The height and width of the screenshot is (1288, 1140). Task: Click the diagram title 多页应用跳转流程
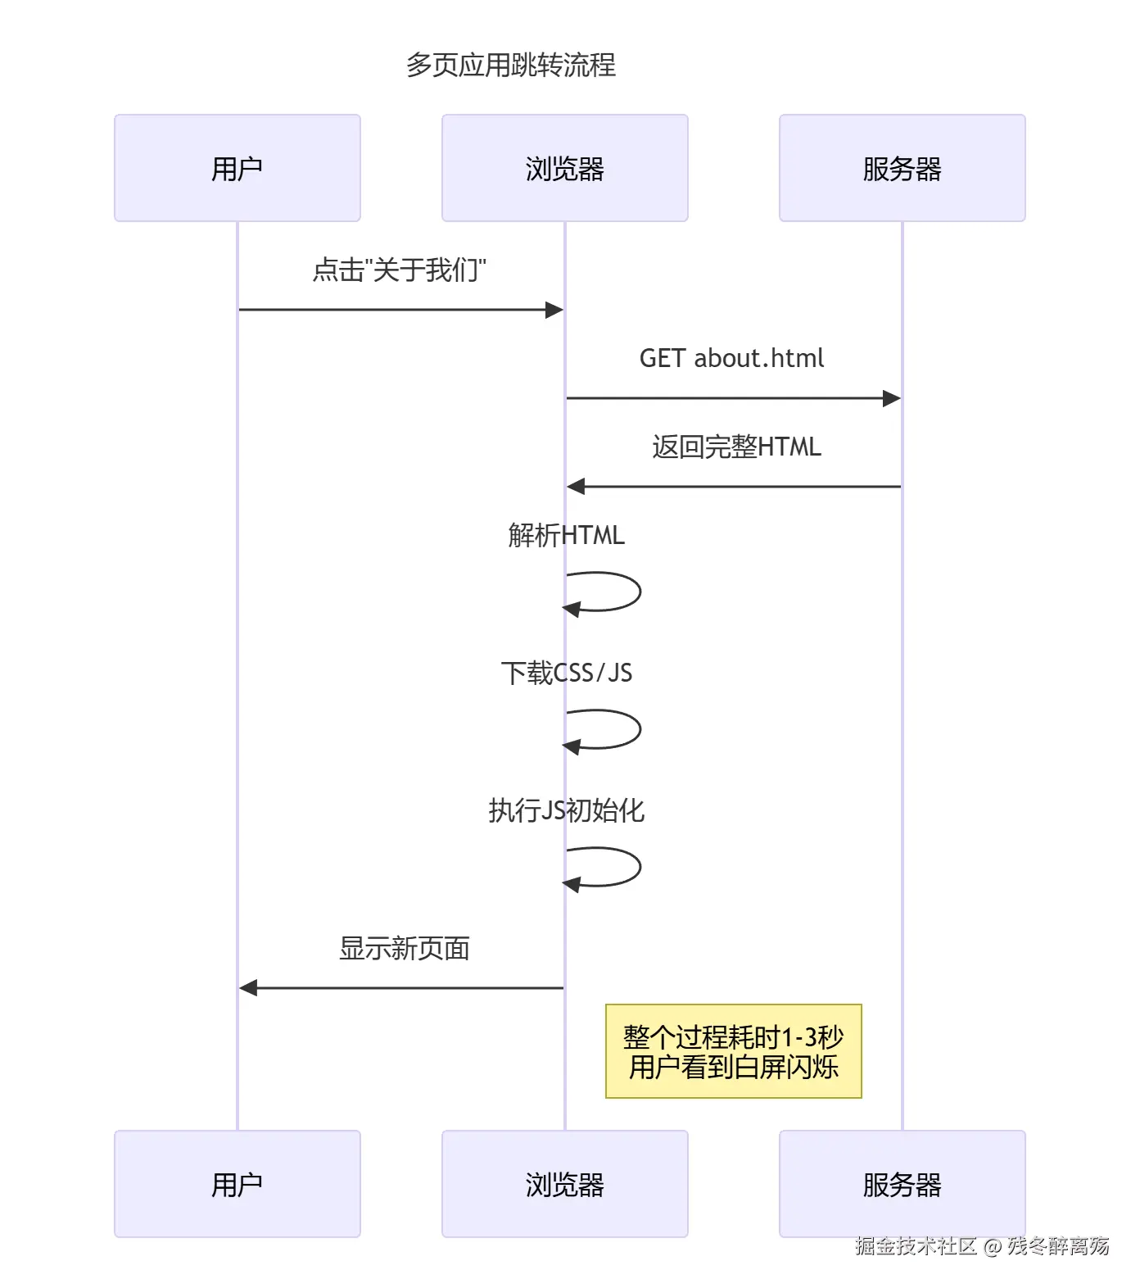[511, 65]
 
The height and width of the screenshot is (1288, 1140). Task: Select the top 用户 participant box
[237, 168]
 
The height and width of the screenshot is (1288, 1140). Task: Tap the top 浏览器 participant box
[565, 168]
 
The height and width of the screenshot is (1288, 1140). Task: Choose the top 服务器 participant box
[902, 168]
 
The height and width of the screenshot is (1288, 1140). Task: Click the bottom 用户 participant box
[237, 1184]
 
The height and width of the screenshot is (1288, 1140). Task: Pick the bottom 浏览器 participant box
[565, 1184]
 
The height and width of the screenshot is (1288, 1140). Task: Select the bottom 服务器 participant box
[902, 1184]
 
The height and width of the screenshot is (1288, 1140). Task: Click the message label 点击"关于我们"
[400, 270]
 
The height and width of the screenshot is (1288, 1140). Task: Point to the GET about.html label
[731, 358]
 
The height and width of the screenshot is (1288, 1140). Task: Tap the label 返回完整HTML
[736, 447]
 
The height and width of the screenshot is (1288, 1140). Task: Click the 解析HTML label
[566, 535]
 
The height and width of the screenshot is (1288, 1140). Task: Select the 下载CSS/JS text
[566, 673]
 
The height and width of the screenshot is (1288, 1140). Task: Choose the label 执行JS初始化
[566, 810]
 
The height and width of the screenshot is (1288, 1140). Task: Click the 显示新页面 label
[405, 948]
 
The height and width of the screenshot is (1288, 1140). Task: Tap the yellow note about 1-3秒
[734, 1051]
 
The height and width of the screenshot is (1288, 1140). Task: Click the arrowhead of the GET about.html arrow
[892, 398]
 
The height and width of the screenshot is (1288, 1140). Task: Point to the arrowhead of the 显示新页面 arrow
[248, 988]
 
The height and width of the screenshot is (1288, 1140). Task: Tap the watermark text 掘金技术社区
[916, 1246]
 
